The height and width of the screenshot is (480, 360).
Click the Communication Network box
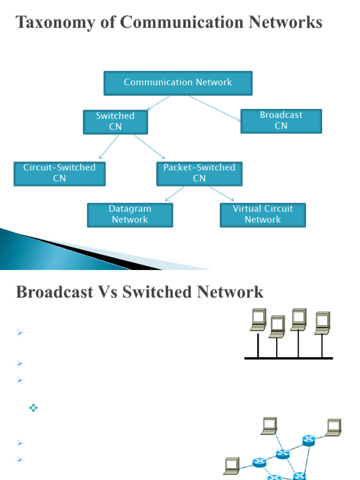click(178, 83)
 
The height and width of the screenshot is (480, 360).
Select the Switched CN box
click(115, 122)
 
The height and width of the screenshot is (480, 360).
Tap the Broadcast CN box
click(281, 121)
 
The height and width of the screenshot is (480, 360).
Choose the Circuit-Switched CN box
click(60, 173)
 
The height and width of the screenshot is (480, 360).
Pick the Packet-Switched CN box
click(199, 173)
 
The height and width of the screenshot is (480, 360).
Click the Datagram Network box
click(130, 215)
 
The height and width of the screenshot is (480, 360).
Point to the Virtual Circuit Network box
click(262, 215)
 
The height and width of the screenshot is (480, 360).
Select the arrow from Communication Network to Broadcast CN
click(215, 108)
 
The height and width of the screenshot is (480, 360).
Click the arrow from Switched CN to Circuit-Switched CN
click(109, 146)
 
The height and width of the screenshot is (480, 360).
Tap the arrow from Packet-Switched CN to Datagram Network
click(175, 193)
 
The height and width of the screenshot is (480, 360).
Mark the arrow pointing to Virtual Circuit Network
click(221, 193)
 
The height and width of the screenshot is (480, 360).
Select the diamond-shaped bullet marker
click(33, 408)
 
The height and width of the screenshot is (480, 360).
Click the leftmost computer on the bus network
click(258, 320)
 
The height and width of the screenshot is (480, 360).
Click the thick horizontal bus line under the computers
click(289, 358)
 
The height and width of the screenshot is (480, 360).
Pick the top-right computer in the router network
click(334, 427)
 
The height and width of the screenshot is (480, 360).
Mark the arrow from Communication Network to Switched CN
click(159, 103)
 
